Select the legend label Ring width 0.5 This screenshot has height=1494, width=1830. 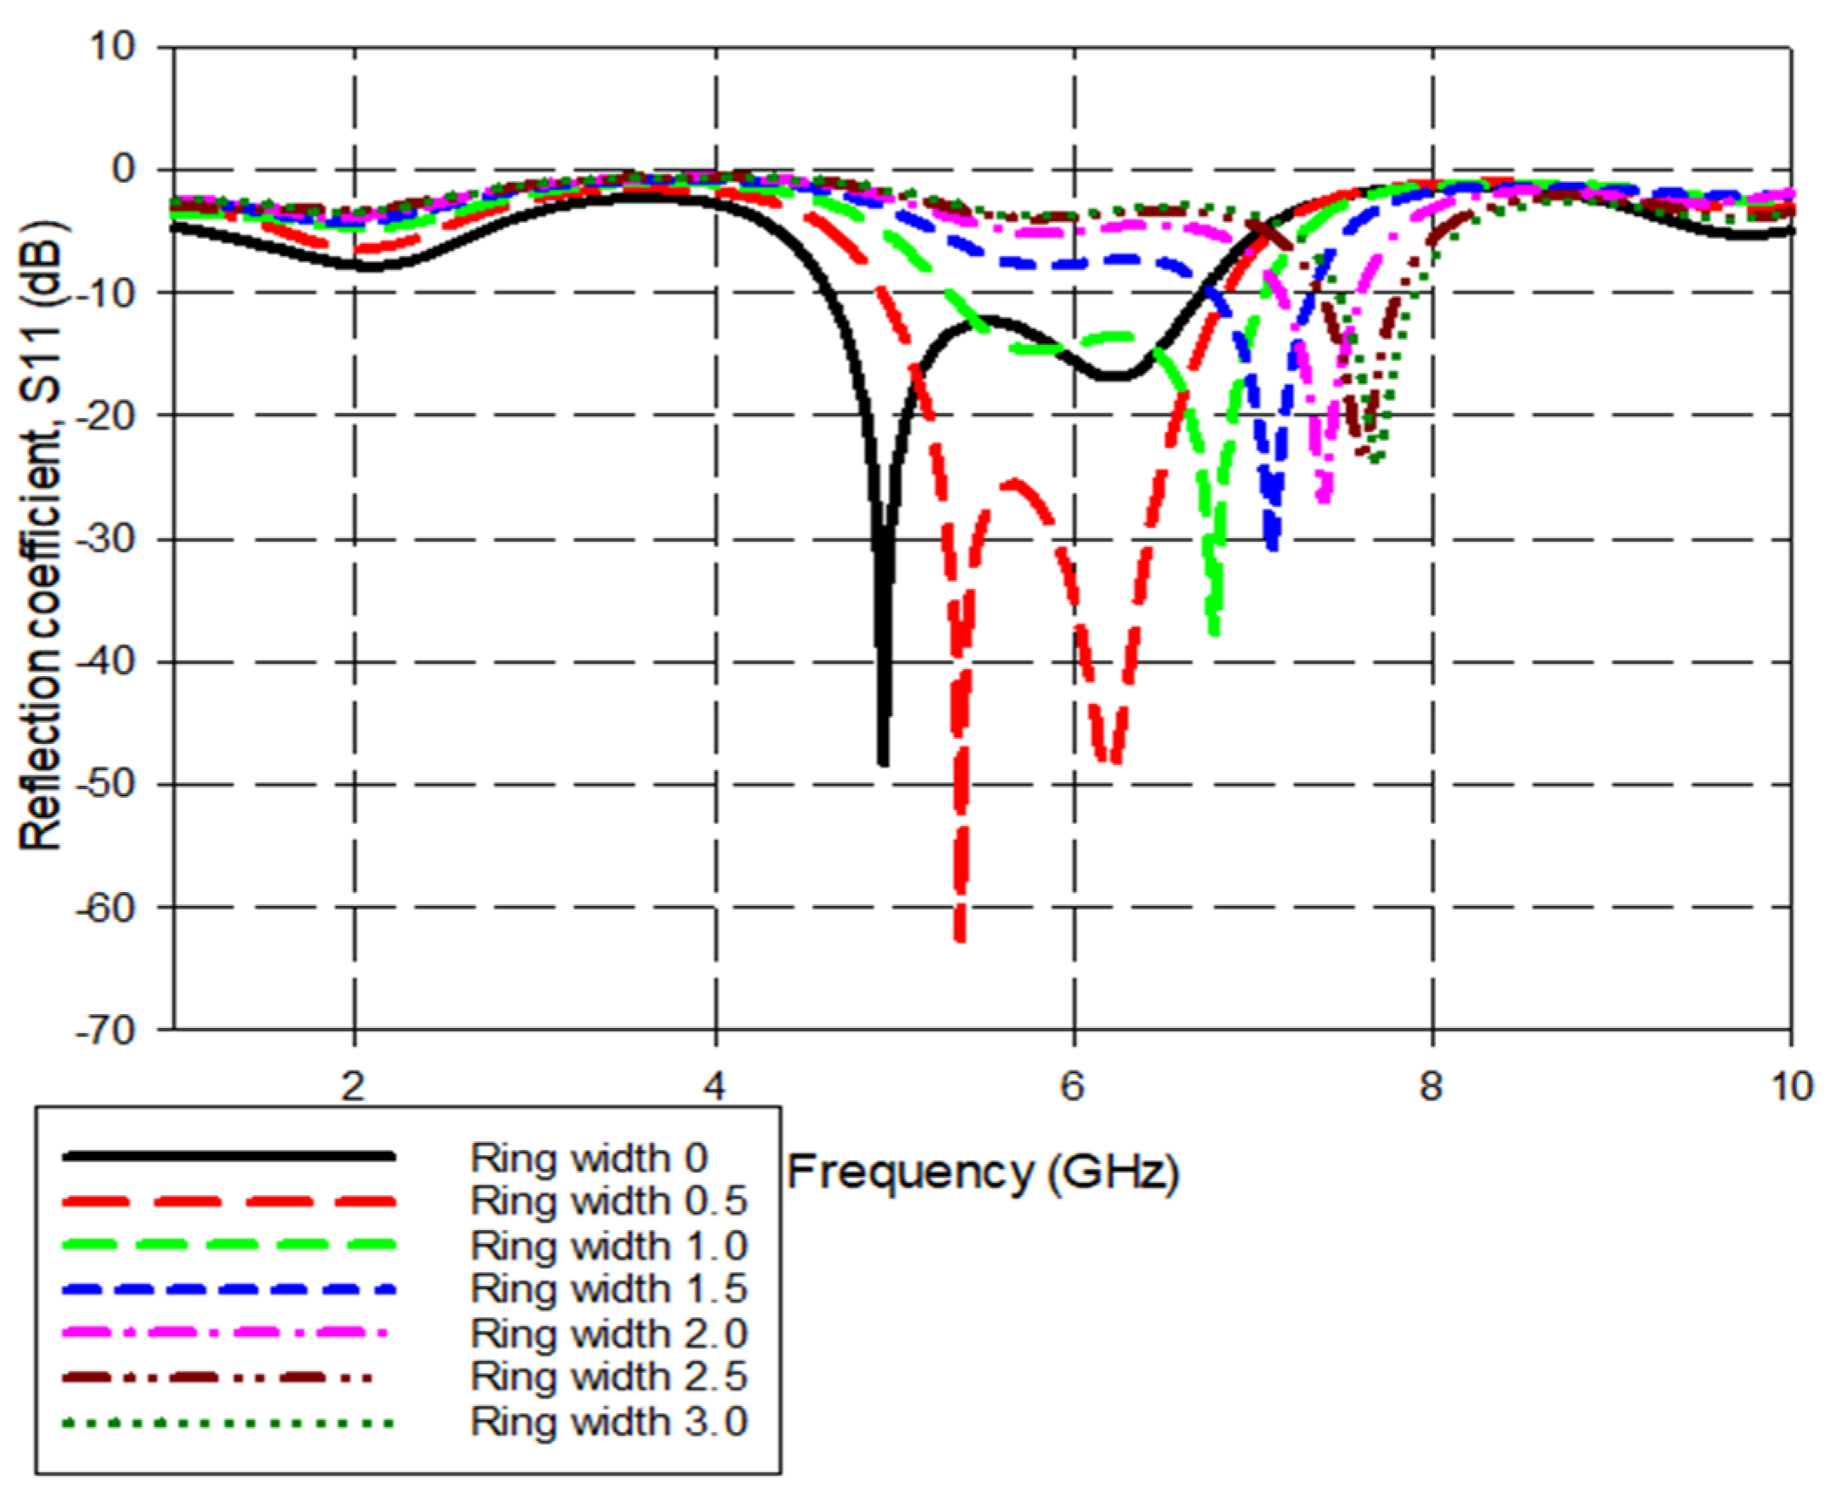click(608, 1201)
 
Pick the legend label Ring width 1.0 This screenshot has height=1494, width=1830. click(608, 1246)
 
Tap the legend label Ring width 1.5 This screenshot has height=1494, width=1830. click(608, 1289)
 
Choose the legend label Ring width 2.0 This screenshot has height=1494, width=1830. click(608, 1334)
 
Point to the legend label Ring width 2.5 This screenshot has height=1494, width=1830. click(608, 1377)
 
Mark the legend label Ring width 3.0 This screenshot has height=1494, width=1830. click(608, 1422)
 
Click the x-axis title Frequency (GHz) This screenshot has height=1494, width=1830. click(983, 1173)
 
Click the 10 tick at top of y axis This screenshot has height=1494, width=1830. click(115, 46)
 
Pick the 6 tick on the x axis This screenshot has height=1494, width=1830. click(1073, 1086)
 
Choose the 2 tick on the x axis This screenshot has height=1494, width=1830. click(353, 1086)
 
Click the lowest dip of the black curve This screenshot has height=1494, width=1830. click(884, 762)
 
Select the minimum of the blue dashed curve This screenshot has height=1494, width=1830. click(1273, 547)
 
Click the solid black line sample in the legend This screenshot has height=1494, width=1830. click(228, 1157)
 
